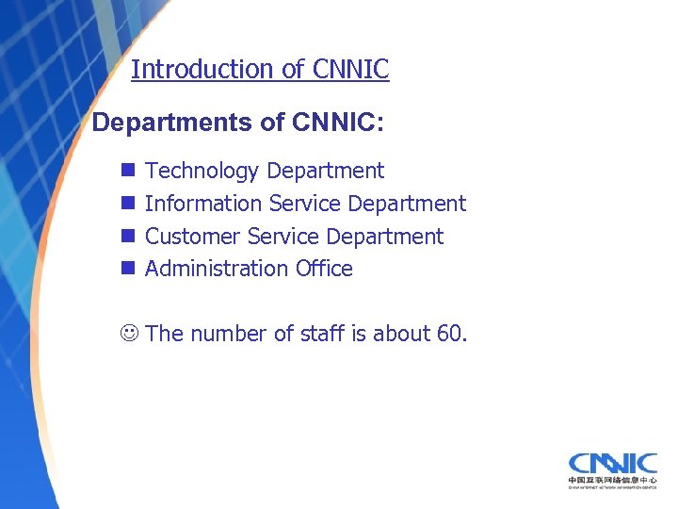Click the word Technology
pyautogui.click(x=202, y=171)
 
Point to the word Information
pyautogui.click(x=203, y=204)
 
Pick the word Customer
pyautogui.click(x=193, y=236)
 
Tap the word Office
pyautogui.click(x=324, y=269)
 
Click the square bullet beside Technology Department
pyautogui.click(x=126, y=172)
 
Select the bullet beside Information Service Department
pyautogui.click(x=126, y=204)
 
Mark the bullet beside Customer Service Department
pyautogui.click(x=126, y=237)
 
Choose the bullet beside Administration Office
pyautogui.click(x=126, y=269)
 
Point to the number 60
pyautogui.click(x=449, y=334)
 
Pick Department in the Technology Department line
pyautogui.click(x=326, y=171)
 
